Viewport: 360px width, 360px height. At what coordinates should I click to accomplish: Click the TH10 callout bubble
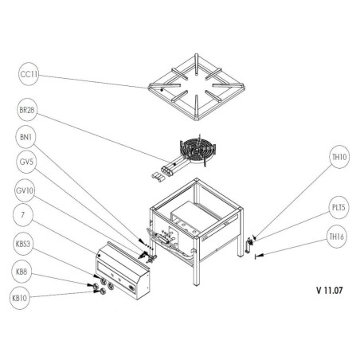(x=339, y=158)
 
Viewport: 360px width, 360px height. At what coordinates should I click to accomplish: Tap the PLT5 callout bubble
(x=339, y=208)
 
